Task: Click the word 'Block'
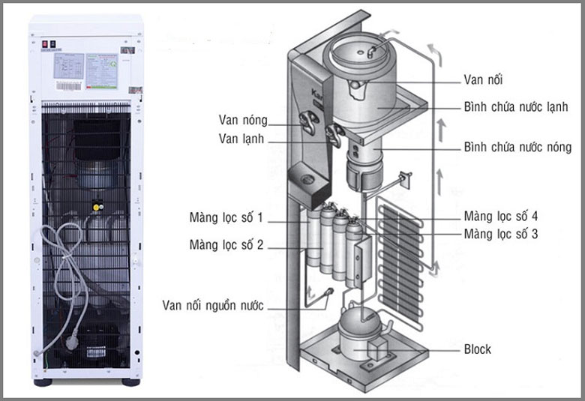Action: [477, 349]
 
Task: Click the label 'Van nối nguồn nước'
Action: [213, 305]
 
